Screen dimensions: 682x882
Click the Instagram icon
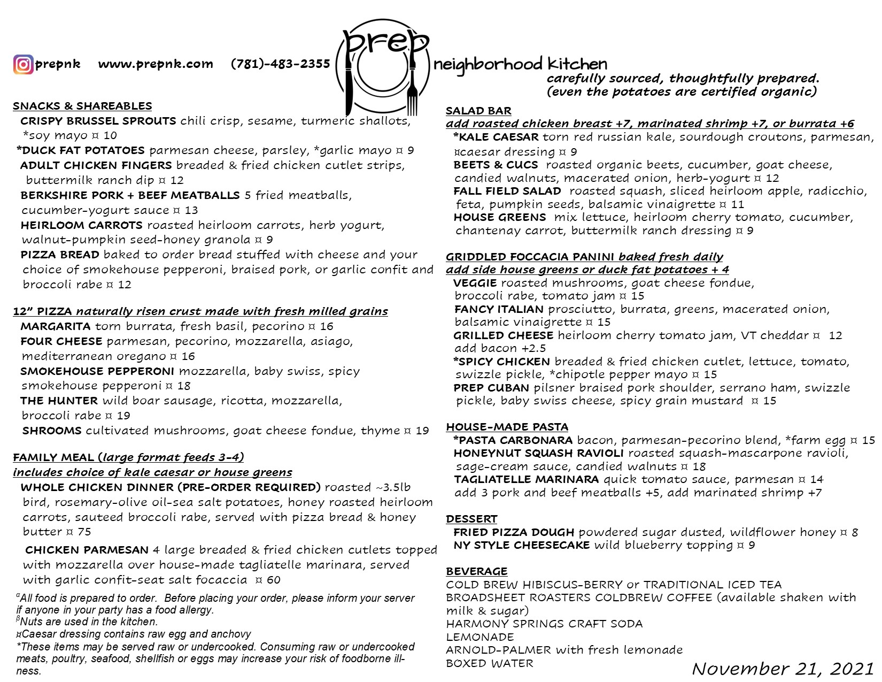pyautogui.click(x=23, y=65)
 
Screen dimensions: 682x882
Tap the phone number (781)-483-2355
pyautogui.click(x=280, y=64)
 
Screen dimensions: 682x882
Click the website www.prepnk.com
pyautogui.click(x=156, y=64)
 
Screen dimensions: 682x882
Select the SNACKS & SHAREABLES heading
pyautogui.click(x=82, y=106)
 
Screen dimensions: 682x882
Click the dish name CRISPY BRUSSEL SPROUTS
pyautogui.click(x=98, y=121)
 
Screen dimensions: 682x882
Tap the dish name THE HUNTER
pyautogui.click(x=59, y=401)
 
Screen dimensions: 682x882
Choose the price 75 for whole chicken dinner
pyautogui.click(x=84, y=532)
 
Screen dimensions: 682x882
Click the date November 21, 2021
pyautogui.click(x=783, y=669)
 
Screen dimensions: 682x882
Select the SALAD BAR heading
pyautogui.click(x=478, y=111)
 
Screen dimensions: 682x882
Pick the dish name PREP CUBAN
pyautogui.click(x=491, y=388)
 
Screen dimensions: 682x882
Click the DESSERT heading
pyautogui.click(x=471, y=519)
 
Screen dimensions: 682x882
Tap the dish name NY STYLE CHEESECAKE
pyautogui.click(x=521, y=545)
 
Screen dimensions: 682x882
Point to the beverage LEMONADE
pyautogui.click(x=480, y=637)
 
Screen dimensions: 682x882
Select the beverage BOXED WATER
pyautogui.click(x=490, y=663)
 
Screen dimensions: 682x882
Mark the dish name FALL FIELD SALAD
pyautogui.click(x=507, y=191)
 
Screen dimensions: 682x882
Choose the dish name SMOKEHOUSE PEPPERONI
pyautogui.click(x=97, y=371)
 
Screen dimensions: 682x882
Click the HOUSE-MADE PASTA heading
pyautogui.click(x=507, y=427)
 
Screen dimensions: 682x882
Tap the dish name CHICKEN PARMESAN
pyautogui.click(x=87, y=550)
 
